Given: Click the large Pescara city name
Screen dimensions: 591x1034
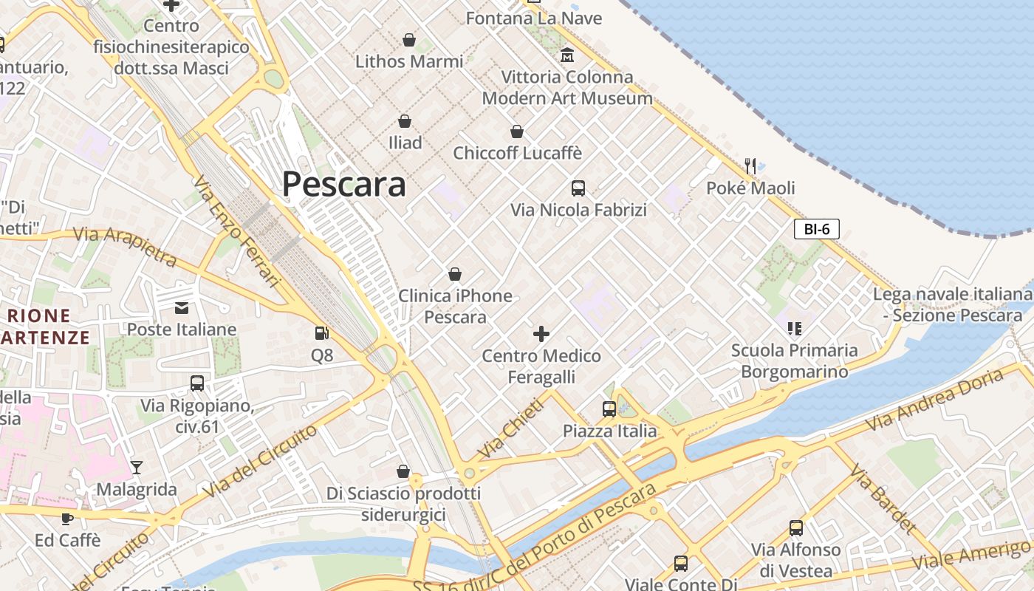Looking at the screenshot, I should coord(343,184).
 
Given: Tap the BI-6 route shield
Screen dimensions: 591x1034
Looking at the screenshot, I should coord(816,229).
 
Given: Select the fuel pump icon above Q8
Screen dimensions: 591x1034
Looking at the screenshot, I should coord(321,334).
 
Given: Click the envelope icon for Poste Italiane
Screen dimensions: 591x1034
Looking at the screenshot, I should coord(182,307).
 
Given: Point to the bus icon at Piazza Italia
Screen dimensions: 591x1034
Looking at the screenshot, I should coord(609,409).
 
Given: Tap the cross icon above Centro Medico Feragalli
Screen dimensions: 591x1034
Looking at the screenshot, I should coord(541,334).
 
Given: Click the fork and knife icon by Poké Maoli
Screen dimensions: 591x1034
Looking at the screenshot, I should coord(750,165).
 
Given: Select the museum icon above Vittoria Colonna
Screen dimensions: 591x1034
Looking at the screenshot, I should coord(567,55).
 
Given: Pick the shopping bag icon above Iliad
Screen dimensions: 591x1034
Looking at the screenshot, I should coord(405,120).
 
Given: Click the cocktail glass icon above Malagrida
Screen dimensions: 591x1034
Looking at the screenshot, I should coord(137,467).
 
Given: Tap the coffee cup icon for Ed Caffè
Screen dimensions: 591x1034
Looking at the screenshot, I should coord(67,518).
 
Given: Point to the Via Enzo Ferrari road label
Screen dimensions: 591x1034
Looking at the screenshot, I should coord(238,231).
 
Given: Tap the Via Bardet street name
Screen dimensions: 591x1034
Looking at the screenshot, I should coord(883,499).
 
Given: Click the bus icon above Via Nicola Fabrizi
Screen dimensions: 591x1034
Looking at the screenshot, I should coord(578,188).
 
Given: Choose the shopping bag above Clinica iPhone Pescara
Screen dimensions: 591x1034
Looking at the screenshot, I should coord(455,274).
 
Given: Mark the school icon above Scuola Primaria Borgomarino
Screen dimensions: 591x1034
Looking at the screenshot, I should coord(795,328).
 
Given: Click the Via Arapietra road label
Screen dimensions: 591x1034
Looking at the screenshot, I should coord(125,245).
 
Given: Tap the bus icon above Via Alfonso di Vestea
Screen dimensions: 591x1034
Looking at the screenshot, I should coord(796,527).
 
